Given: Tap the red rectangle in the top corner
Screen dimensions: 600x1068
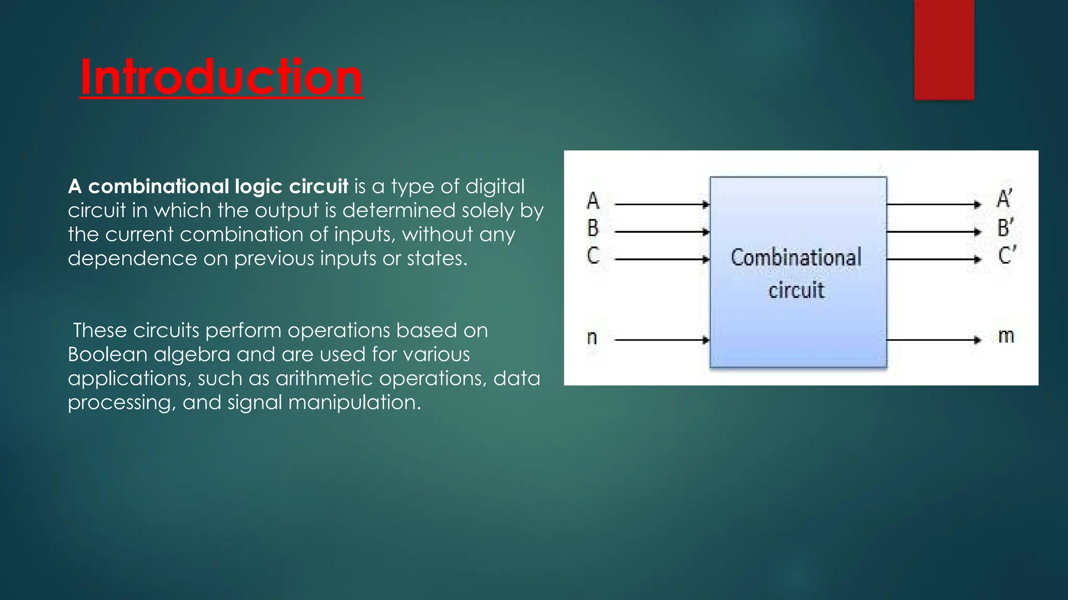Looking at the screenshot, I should coord(944,49).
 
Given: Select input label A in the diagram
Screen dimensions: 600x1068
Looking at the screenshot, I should coord(593,201).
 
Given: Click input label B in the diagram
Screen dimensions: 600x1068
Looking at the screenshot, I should coord(593,228).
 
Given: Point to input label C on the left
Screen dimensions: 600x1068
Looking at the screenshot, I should coord(593,256).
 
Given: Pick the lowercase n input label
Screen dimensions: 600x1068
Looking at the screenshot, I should coord(592,338).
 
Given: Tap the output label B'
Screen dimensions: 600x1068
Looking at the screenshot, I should coord(1005,228).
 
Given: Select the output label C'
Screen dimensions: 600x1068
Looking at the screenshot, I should coord(1006,256).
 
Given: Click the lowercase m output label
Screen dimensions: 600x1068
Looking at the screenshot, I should coord(1006,336).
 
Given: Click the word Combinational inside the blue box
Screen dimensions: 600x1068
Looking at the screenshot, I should coord(796,258).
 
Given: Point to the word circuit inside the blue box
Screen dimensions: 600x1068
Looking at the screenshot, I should coord(796,291).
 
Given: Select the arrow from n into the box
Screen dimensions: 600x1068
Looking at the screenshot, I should coord(662,340).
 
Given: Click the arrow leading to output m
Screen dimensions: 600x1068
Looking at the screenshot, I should coord(933,340).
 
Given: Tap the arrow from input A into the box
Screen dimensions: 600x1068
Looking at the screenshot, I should coord(662,205).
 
